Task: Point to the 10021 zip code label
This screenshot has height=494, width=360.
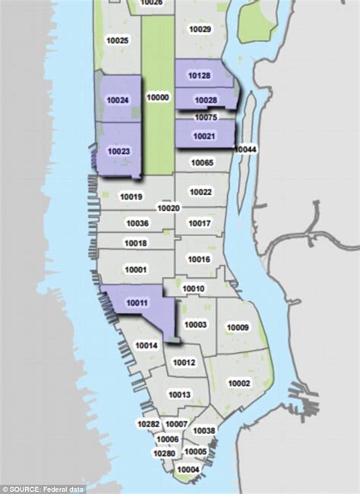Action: (x=203, y=137)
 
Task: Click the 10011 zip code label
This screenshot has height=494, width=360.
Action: (x=137, y=304)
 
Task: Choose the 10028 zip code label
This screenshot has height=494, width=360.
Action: (x=206, y=101)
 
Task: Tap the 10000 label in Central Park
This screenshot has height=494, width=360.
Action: (x=158, y=98)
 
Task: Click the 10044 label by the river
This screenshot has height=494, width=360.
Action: (x=246, y=149)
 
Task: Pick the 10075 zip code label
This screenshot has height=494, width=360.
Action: (x=206, y=118)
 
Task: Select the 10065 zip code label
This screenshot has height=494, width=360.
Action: (x=201, y=163)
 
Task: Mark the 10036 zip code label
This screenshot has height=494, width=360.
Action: (x=137, y=223)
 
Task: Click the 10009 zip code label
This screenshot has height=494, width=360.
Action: (x=238, y=328)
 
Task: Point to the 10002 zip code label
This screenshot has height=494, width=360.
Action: (x=239, y=384)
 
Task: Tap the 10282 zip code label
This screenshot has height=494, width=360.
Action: (x=148, y=423)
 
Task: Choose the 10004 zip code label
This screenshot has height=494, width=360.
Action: (x=188, y=469)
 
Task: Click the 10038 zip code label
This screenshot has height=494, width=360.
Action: (x=204, y=431)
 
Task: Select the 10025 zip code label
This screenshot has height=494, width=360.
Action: (x=118, y=40)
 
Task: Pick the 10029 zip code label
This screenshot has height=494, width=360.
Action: (x=200, y=29)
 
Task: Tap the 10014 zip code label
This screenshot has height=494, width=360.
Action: (x=147, y=345)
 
